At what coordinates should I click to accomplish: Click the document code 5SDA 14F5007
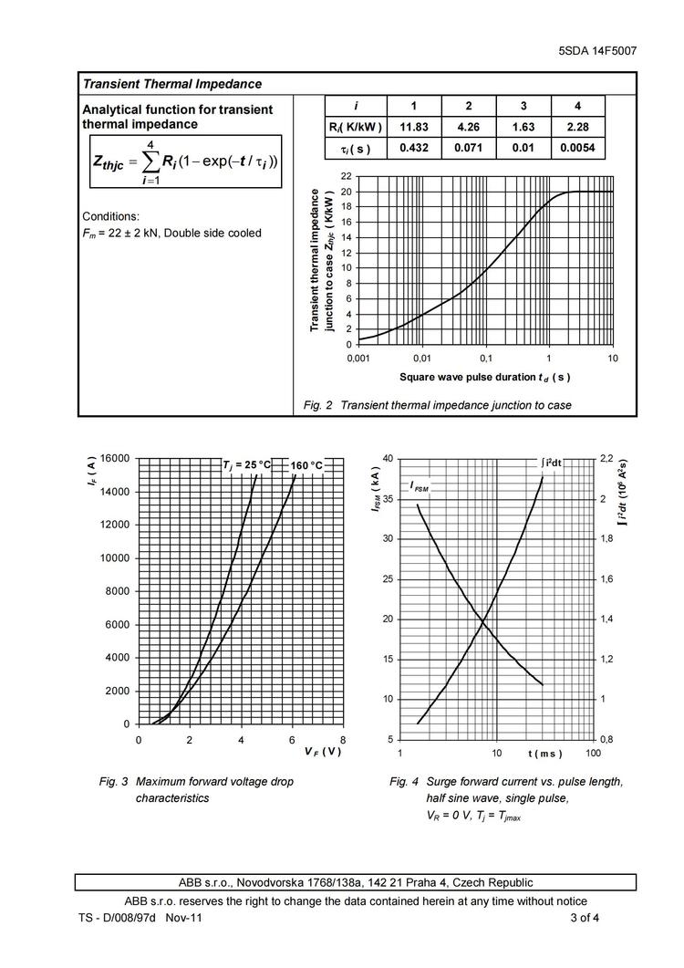[x=596, y=51]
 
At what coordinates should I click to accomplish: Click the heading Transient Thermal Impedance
[x=172, y=84]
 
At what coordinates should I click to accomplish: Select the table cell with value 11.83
[x=413, y=127]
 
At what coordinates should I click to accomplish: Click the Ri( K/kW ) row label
[x=356, y=127]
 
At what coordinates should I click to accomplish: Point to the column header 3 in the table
[x=523, y=106]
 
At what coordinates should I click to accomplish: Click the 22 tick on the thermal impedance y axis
[x=346, y=175]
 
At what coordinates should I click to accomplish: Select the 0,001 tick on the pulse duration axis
[x=358, y=358]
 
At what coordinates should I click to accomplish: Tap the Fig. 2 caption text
[x=437, y=405]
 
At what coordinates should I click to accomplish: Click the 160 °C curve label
[x=306, y=465]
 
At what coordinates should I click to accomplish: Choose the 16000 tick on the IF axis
[x=115, y=459]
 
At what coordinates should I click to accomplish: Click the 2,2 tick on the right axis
[x=606, y=459]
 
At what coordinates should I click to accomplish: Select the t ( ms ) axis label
[x=544, y=754]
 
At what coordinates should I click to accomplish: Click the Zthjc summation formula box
[x=185, y=162]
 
